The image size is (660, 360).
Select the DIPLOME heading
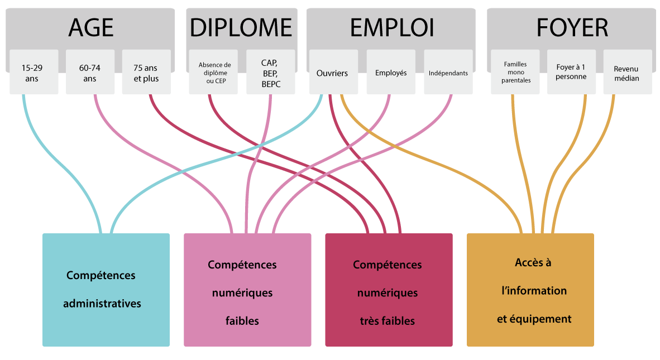tap(241, 27)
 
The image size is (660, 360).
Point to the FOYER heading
tap(572, 27)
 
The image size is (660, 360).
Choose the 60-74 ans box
tap(90, 73)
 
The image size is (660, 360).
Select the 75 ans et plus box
tap(146, 73)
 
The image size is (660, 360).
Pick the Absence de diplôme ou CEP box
tap(214, 73)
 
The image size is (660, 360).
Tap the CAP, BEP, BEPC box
tap(271, 73)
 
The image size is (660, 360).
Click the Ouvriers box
tap(332, 73)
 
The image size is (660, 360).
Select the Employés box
tap(391, 73)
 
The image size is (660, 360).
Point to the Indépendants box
tap(448, 73)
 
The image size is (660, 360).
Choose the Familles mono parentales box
tap(515, 73)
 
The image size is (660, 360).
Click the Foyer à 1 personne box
tap(571, 73)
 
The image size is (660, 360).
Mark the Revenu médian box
tap(627, 73)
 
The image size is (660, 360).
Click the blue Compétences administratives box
tap(106, 290)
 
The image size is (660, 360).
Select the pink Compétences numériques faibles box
tap(247, 290)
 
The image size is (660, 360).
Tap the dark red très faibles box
tap(389, 290)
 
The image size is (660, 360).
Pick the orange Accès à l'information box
tap(530, 290)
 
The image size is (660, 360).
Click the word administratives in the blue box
tap(102, 304)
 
